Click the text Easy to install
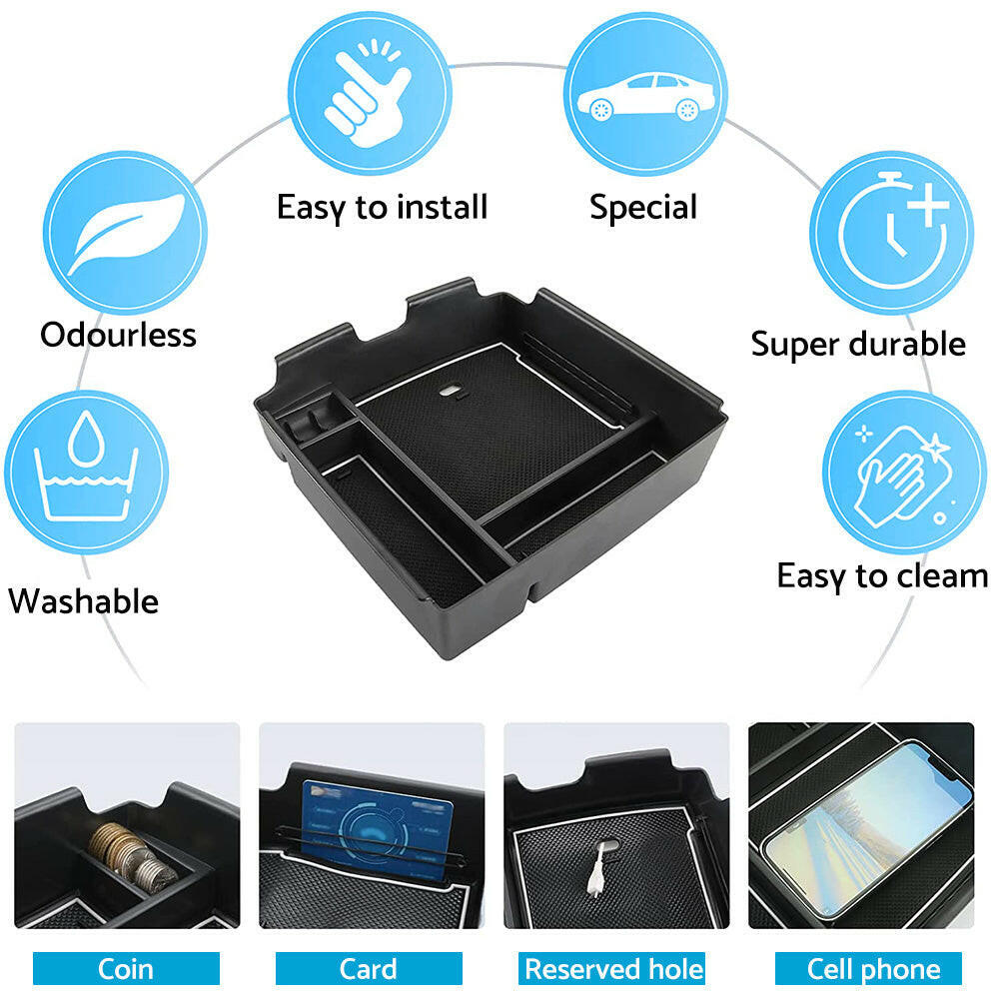[382, 208]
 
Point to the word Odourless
[118, 335]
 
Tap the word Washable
[84, 601]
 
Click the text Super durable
[858, 345]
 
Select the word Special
[643, 208]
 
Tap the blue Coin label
[126, 969]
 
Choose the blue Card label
[369, 969]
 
